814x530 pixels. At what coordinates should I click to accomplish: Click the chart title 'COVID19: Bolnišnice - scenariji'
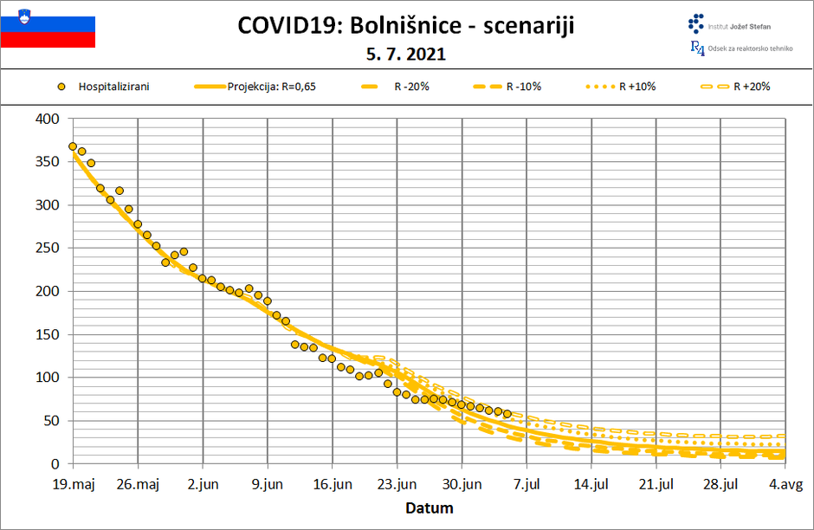tap(405, 26)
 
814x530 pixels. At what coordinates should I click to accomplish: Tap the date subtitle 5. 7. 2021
tap(405, 54)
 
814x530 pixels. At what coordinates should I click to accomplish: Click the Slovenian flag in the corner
tap(48, 26)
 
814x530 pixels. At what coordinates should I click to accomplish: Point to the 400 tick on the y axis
tap(47, 119)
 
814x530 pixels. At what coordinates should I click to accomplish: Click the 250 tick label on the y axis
tap(47, 248)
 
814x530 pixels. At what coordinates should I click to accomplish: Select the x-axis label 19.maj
tap(73, 484)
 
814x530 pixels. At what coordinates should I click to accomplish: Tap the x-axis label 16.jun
tap(332, 484)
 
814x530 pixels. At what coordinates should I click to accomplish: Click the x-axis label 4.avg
tap(785, 484)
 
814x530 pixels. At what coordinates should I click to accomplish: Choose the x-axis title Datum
tap(429, 507)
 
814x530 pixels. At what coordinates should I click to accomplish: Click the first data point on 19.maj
tap(73, 146)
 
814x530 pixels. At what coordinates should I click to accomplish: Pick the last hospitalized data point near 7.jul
tap(507, 414)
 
